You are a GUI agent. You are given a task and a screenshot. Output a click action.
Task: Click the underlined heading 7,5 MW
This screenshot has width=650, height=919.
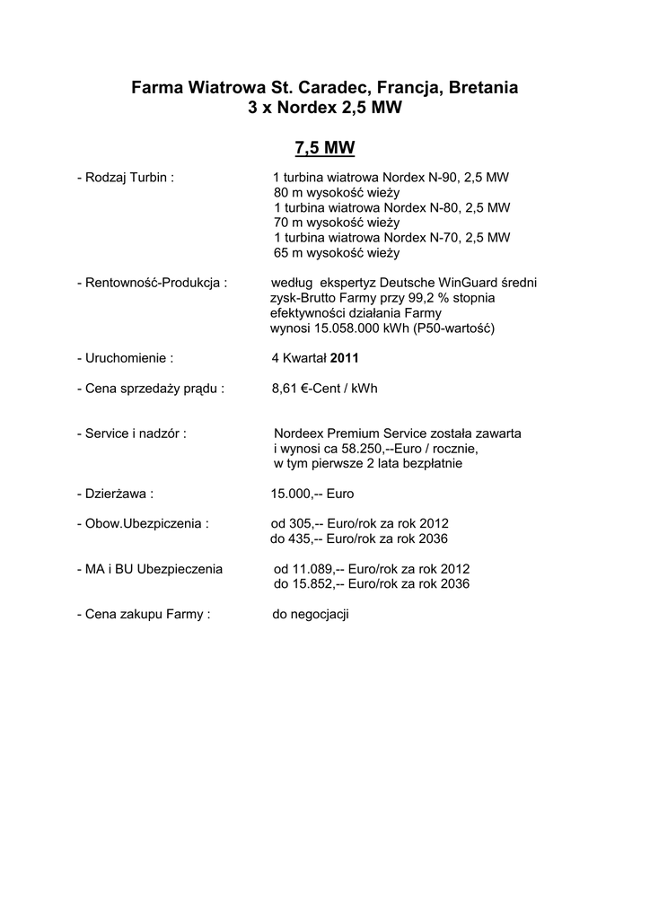[324, 147]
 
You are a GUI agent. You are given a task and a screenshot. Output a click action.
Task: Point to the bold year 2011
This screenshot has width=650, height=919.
[345, 358]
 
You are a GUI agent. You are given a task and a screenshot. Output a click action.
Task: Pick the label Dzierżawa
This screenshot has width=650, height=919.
[119, 494]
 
